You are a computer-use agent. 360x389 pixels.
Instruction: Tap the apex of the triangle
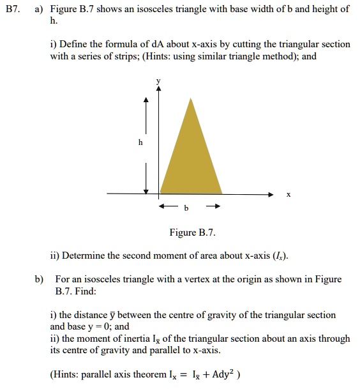coord(190,98)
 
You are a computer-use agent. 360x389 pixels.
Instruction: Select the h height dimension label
coord(140,143)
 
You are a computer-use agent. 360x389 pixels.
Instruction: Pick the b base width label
coord(186,208)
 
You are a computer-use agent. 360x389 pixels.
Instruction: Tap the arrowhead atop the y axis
coord(160,90)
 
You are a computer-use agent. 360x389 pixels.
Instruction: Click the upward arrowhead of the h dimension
coord(146,100)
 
